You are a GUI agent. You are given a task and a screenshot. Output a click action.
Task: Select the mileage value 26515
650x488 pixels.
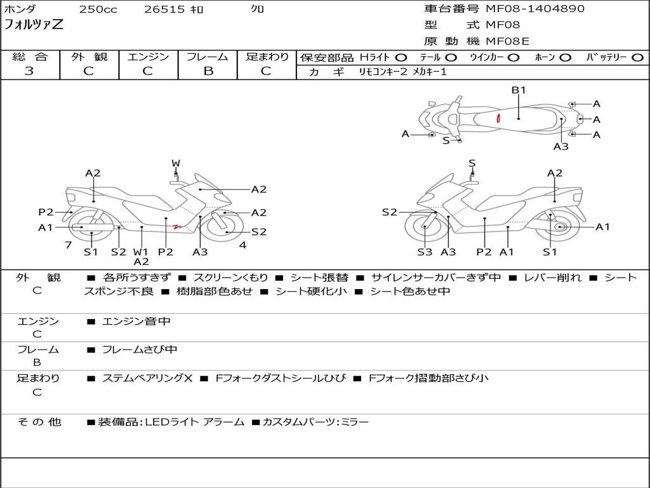click(164, 10)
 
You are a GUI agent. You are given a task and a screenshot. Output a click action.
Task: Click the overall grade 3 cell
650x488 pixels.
click(29, 71)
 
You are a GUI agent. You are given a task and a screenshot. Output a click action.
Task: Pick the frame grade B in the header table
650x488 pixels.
click(208, 71)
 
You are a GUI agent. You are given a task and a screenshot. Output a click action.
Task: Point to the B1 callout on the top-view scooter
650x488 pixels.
click(519, 90)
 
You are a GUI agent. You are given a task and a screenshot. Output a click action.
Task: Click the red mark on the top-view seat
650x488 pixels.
click(499, 118)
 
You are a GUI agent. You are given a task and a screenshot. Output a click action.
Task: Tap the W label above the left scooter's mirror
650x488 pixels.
click(176, 163)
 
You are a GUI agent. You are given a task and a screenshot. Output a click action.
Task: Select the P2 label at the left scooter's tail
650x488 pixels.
click(46, 212)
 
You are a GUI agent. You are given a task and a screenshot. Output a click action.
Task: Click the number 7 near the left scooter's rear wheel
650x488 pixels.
click(67, 245)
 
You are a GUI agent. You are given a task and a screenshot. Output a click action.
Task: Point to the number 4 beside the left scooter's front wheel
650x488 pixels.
click(242, 245)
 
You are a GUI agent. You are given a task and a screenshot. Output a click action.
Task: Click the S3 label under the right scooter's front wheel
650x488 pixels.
click(425, 252)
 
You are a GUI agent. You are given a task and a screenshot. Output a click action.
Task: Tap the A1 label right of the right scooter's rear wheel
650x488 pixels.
click(602, 227)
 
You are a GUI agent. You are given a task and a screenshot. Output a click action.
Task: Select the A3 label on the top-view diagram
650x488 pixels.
click(560, 146)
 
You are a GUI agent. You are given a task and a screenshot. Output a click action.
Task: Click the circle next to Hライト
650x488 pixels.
click(401, 58)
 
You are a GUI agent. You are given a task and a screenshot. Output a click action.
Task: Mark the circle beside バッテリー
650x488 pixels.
click(637, 58)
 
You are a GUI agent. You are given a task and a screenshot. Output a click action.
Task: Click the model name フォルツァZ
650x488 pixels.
click(34, 25)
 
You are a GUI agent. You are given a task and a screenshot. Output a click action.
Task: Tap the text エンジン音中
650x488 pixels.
click(136, 322)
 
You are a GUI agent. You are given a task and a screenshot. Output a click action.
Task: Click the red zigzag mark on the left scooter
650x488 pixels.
click(178, 226)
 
